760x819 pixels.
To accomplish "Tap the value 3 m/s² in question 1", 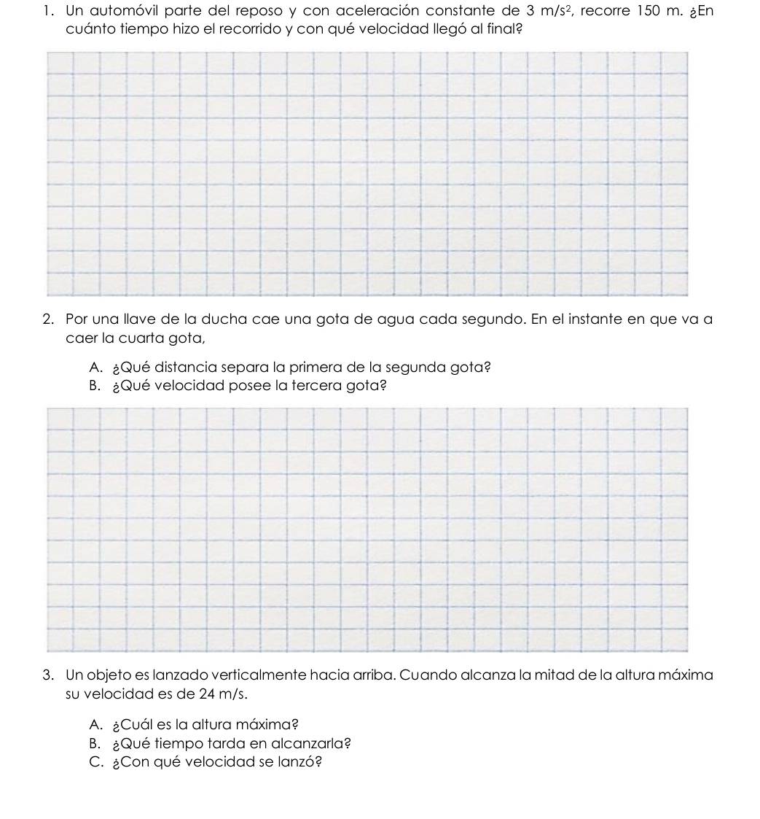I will pos(546,12).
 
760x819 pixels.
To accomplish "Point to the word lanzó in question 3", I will pos(300,763).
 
